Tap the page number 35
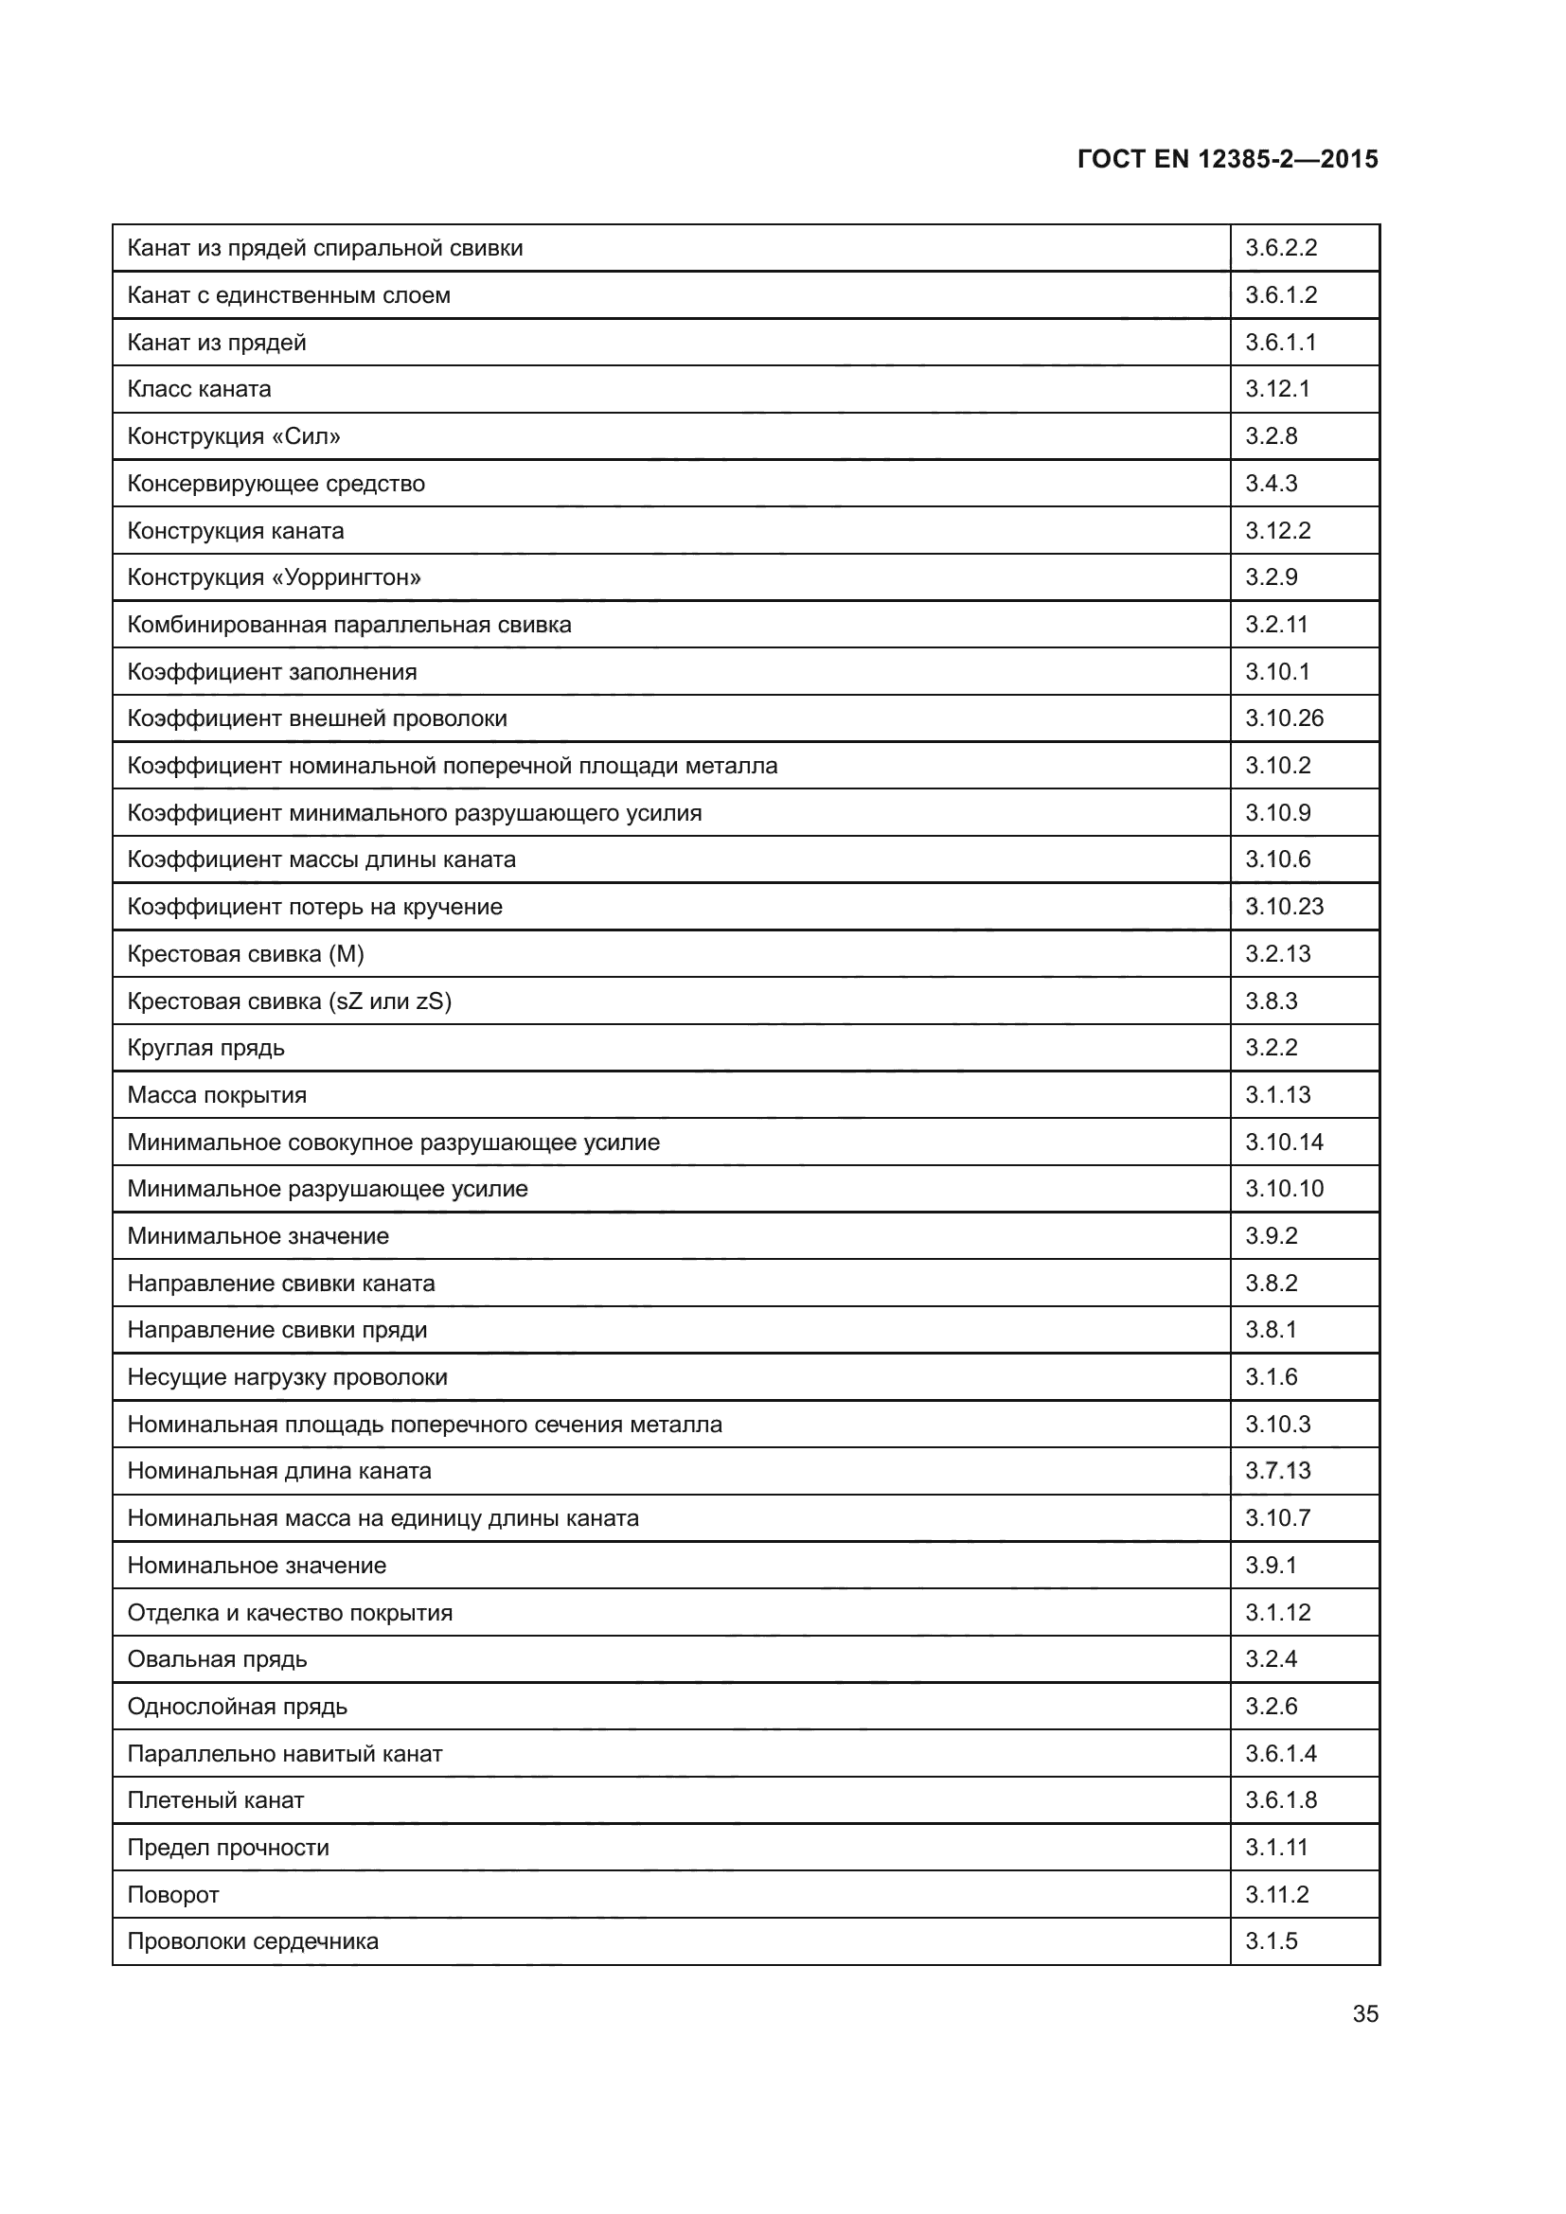click(x=1364, y=2013)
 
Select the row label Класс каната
click(x=200, y=390)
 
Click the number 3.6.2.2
click(x=1281, y=248)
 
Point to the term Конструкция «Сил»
click(x=234, y=436)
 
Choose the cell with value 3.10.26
click(x=1284, y=718)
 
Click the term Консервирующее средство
click(x=276, y=484)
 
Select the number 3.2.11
click(x=1275, y=625)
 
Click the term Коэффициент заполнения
click(x=272, y=672)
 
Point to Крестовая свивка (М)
click(x=246, y=954)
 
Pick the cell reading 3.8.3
click(x=1271, y=1001)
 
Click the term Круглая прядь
click(x=206, y=1048)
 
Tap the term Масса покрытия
click(x=217, y=1095)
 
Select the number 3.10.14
click(x=1284, y=1142)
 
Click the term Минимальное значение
click(x=258, y=1236)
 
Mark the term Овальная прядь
click(x=217, y=1659)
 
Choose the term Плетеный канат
click(x=216, y=1800)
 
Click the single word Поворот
click(x=173, y=1895)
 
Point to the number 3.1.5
click(x=1271, y=1941)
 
